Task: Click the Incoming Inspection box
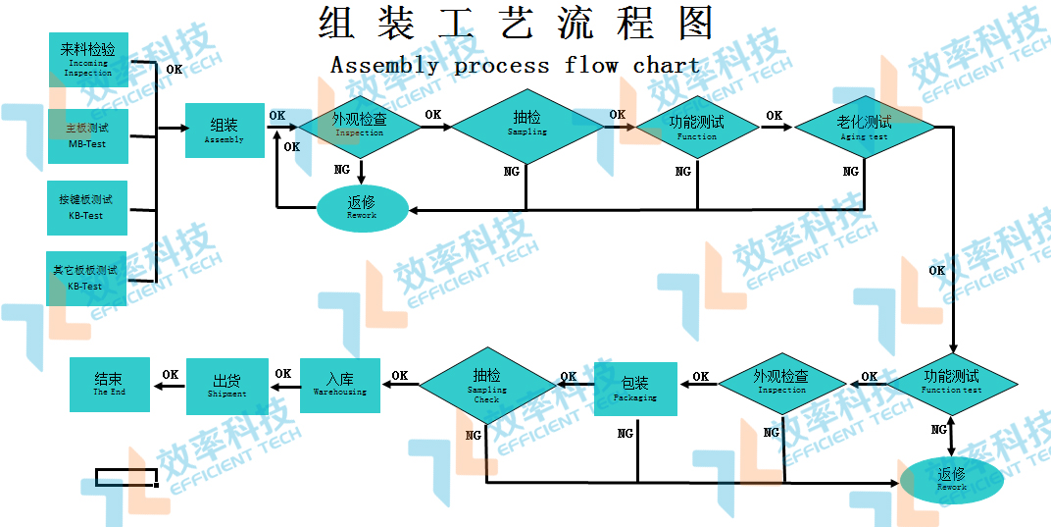(x=88, y=60)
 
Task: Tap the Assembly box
(x=225, y=131)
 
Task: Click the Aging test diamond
(x=864, y=128)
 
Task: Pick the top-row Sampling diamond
(x=526, y=127)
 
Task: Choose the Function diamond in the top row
(x=697, y=128)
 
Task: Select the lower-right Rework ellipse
(x=951, y=480)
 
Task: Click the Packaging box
(x=635, y=390)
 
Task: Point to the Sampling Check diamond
(x=487, y=386)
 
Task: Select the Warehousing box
(x=339, y=385)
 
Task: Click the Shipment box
(x=226, y=387)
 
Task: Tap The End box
(x=110, y=384)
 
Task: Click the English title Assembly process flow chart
(x=515, y=67)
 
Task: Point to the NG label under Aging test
(x=851, y=172)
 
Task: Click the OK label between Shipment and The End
(x=171, y=374)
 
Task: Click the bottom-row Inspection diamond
(x=781, y=383)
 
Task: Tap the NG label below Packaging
(x=625, y=433)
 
